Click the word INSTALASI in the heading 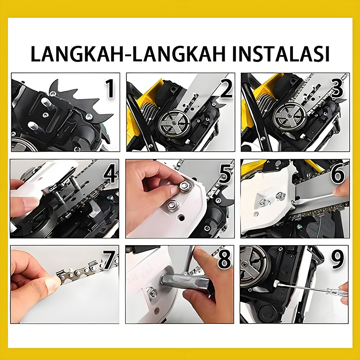coord(281,54)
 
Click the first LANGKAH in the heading coord(77,54)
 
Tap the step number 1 coord(110,89)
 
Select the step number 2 coord(226,89)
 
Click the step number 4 coord(111,174)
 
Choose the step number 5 coord(225,174)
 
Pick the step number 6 coord(338,174)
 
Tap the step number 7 coord(108,260)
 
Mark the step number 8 coord(224,260)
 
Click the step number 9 coord(337,260)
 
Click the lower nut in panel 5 coord(173,205)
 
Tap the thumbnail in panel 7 coord(52,283)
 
